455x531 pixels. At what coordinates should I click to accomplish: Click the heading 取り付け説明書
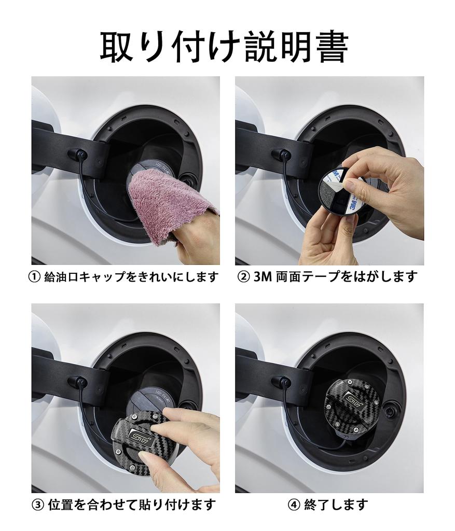coord(224,47)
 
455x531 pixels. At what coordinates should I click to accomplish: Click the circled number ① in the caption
coord(35,277)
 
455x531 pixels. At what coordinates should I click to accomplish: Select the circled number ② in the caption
coord(243,277)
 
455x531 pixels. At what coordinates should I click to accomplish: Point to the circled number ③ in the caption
coord(38,505)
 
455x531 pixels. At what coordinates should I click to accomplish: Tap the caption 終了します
coord(336,505)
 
